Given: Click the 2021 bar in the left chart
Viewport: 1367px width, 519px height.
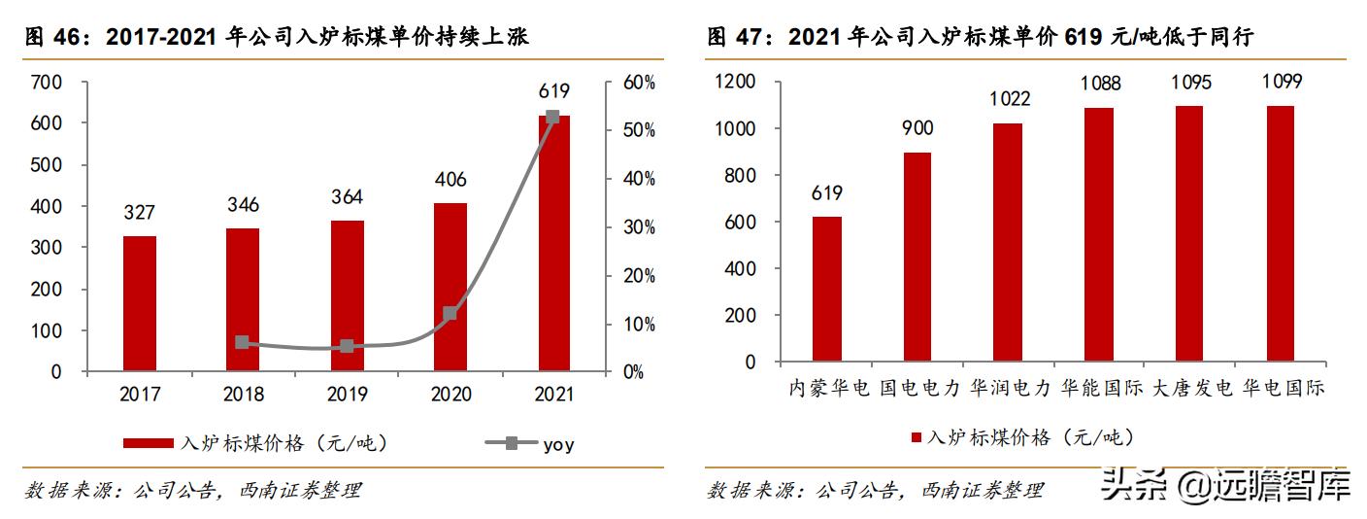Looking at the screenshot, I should [553, 243].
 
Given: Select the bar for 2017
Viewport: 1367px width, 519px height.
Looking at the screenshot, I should [140, 303].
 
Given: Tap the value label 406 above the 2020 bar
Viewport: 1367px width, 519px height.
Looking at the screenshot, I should [450, 180].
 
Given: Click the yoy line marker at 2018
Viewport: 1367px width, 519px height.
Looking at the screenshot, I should [242, 342].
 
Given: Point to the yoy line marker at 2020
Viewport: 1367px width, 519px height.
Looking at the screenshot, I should [450, 314].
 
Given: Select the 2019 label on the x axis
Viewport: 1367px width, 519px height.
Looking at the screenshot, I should [347, 395].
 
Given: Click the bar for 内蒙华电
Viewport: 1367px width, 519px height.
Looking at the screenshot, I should [826, 289].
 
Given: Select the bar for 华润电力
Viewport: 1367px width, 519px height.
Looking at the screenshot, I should [1009, 242].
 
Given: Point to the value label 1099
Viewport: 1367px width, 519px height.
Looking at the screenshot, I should [1280, 82].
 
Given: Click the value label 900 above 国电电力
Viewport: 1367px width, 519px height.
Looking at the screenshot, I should [917, 129].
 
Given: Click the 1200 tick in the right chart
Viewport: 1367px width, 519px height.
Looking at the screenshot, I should [736, 83].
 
